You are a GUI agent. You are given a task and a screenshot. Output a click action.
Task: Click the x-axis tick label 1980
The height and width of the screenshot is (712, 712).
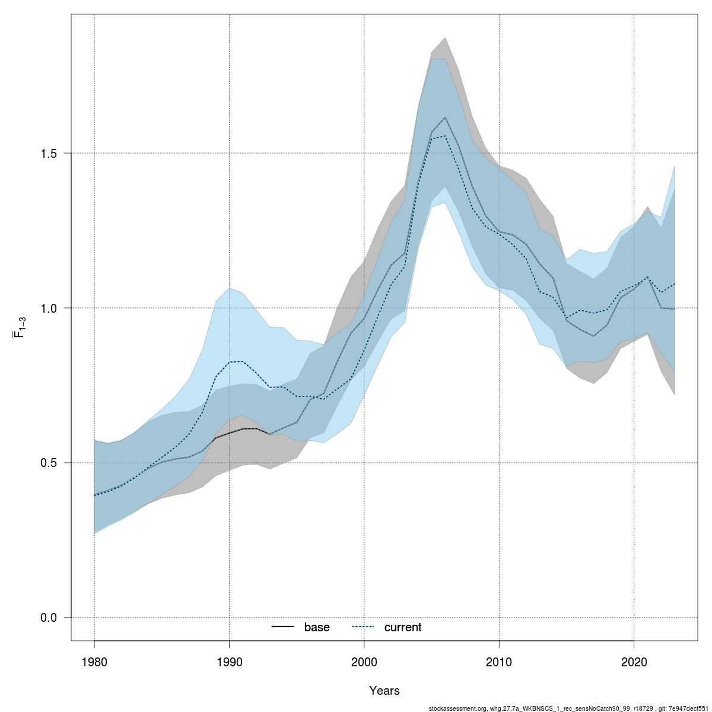[x=94, y=661]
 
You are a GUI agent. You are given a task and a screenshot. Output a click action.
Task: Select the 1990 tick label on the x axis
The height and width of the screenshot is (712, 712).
[x=229, y=661]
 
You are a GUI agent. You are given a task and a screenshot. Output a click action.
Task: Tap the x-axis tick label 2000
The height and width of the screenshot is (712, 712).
[x=364, y=661]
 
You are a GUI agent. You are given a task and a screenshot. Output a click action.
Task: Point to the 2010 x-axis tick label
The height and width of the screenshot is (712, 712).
[x=499, y=661]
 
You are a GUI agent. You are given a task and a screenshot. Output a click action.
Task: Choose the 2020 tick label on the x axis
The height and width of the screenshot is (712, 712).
[x=634, y=661]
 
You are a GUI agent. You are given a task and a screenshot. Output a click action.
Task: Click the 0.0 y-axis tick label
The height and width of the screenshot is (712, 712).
[x=48, y=618]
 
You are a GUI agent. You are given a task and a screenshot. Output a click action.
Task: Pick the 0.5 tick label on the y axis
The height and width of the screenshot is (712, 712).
[x=48, y=463]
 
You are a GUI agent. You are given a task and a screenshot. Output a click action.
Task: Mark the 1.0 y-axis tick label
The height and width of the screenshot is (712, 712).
[x=48, y=308]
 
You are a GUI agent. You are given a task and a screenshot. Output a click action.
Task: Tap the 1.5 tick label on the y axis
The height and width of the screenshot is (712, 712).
[x=48, y=153]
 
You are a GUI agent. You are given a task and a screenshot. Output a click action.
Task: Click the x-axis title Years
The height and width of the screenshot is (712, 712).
[x=384, y=691]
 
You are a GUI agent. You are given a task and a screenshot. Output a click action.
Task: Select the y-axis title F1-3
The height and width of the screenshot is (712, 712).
[x=19, y=327]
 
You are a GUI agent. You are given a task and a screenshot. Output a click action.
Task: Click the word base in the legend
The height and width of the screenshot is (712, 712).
[x=317, y=628]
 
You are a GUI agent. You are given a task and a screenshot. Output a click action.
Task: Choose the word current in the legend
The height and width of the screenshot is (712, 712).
[x=403, y=628]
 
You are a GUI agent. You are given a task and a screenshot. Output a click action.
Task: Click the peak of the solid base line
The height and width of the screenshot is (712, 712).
[x=445, y=117]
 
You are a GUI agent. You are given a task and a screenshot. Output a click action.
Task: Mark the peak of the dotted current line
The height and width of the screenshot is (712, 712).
[x=445, y=136]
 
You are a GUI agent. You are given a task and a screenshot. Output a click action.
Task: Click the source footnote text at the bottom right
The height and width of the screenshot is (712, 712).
[x=569, y=708]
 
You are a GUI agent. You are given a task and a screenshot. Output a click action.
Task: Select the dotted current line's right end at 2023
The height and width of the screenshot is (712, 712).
[x=675, y=284]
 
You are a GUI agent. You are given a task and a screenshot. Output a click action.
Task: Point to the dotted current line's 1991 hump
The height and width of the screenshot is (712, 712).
[x=243, y=361]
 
